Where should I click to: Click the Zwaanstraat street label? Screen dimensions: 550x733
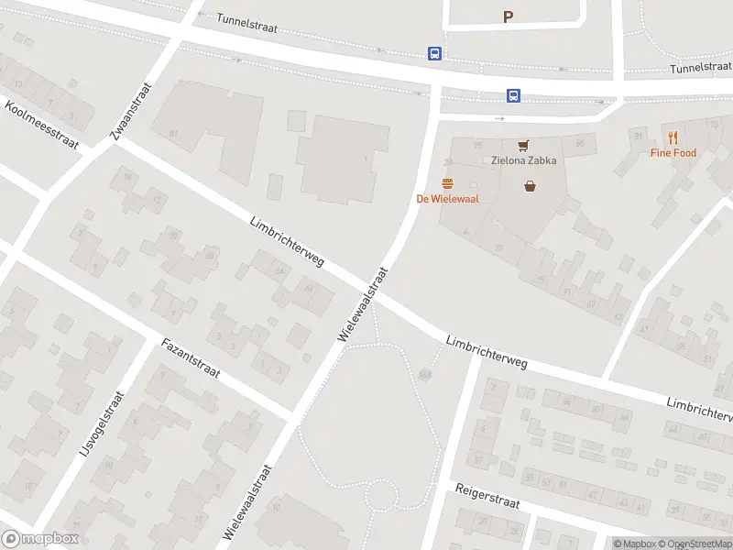click(129, 110)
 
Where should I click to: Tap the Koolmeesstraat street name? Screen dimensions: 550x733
click(41, 125)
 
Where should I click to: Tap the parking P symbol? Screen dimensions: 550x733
click(508, 16)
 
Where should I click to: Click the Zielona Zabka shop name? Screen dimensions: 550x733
click(524, 159)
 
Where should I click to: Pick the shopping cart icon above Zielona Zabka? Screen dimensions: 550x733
click(523, 145)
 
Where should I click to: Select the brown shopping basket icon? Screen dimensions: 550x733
click(530, 186)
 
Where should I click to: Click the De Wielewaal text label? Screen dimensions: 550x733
click(447, 198)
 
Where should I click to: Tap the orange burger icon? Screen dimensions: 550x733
click(447, 183)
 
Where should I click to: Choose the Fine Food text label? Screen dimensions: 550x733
click(673, 153)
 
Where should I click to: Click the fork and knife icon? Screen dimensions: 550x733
click(673, 137)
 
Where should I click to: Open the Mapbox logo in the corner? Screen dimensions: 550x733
click(40, 539)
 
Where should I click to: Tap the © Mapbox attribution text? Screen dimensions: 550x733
click(634, 544)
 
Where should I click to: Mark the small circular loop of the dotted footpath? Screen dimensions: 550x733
click(380, 498)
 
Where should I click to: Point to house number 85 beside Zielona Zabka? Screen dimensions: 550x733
click(580, 144)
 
